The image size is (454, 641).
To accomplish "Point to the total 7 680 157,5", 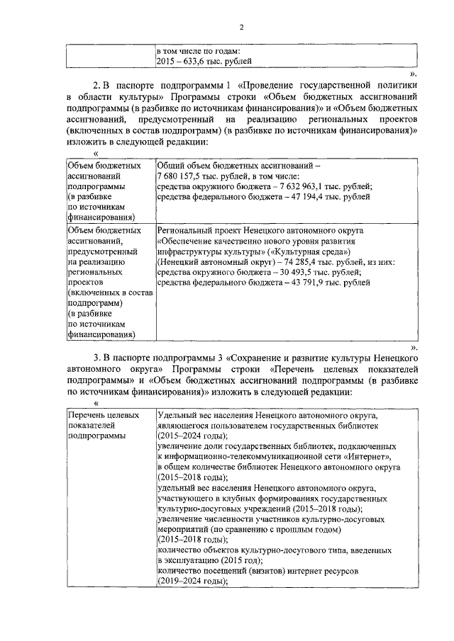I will (183, 175).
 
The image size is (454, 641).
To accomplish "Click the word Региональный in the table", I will (185, 232).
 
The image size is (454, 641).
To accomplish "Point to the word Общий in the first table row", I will (170, 165).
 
